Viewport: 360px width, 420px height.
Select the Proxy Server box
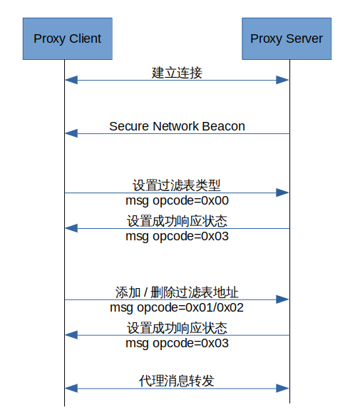point(287,39)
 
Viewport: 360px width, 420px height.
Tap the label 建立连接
point(177,73)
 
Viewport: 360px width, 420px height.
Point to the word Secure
point(129,126)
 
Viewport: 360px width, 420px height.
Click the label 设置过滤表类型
point(177,185)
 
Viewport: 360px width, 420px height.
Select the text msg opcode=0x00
point(177,201)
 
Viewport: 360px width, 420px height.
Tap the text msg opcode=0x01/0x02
point(177,307)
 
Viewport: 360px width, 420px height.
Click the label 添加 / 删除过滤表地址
point(177,292)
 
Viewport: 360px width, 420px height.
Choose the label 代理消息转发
point(177,380)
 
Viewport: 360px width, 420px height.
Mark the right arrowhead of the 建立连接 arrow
point(284,81)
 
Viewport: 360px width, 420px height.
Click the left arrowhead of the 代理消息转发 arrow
point(70,388)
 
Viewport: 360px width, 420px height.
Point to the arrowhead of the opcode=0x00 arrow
point(284,193)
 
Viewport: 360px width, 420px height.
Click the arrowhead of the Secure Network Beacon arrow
point(70,133)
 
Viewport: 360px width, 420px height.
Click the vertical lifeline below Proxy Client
point(64,264)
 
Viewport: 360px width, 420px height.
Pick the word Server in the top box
point(304,39)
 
